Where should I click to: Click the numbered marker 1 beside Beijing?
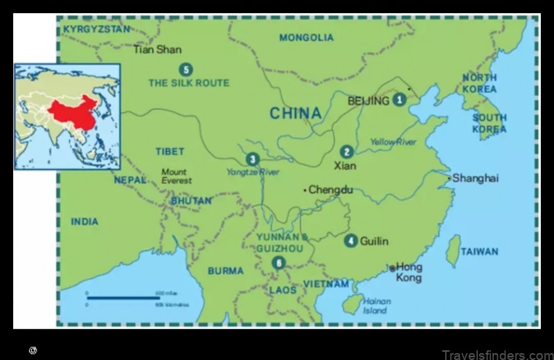[x=399, y=100]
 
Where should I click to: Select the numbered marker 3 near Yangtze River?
[x=252, y=159]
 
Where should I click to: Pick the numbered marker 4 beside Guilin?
[x=351, y=241]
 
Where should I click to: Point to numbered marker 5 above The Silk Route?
[x=185, y=69]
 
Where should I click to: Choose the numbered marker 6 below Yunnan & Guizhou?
[x=278, y=262]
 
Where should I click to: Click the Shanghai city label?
[x=476, y=178]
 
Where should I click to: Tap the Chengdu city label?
[x=330, y=189]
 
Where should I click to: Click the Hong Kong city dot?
[x=392, y=268]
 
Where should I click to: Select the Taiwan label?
[x=479, y=252]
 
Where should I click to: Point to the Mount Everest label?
[x=176, y=176]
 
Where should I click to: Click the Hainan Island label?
[x=377, y=305]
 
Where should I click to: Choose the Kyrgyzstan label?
[x=96, y=29]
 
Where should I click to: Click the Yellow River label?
[x=393, y=142]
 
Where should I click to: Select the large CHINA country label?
[x=296, y=113]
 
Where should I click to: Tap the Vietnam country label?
[x=325, y=284]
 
